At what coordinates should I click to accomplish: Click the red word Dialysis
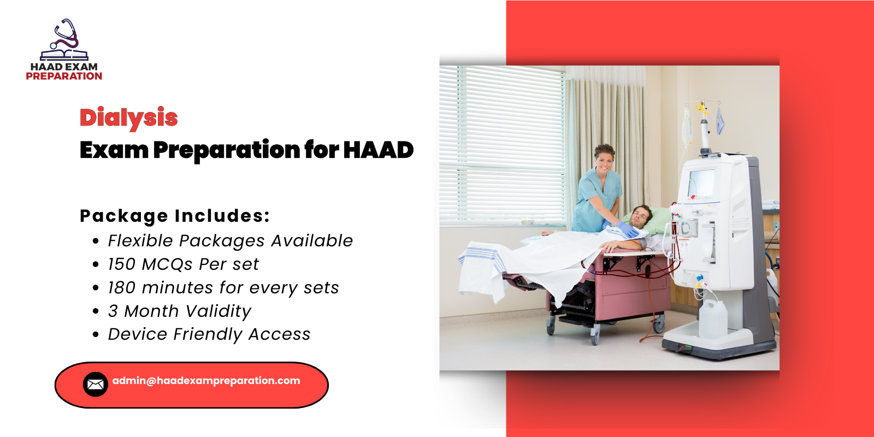128,117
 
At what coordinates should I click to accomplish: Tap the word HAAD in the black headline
378,150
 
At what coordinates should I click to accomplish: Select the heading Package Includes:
175,216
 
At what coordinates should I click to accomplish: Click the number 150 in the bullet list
121,264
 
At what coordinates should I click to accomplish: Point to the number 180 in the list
121,288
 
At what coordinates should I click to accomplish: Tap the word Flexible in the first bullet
140,241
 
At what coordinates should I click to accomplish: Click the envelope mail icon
95,385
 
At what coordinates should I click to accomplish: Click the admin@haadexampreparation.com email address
206,381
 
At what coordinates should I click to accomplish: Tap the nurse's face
605,161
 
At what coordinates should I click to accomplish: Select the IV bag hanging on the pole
687,126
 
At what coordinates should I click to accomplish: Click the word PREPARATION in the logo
64,76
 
